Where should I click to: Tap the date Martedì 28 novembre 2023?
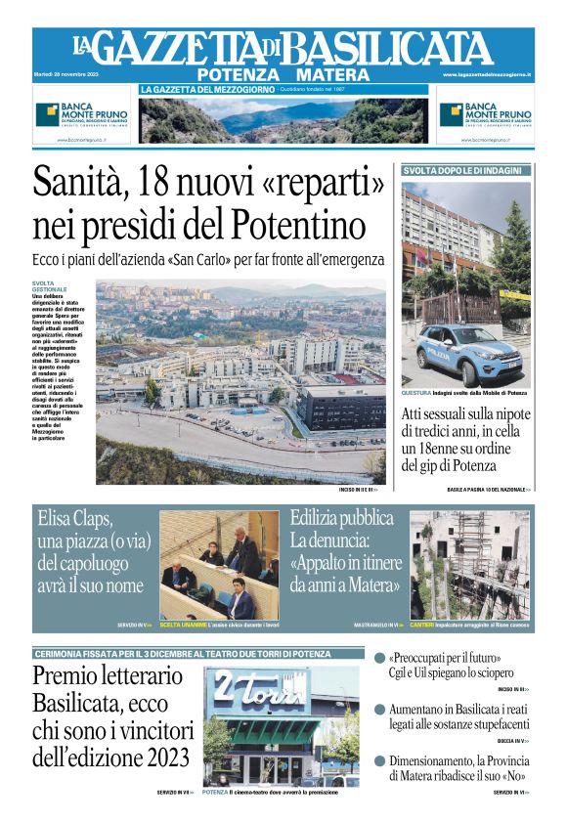[64, 74]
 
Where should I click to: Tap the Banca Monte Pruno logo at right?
[485, 114]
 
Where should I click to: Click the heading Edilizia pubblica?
[341, 518]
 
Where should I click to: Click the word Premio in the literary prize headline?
[67, 675]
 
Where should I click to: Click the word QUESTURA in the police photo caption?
[416, 393]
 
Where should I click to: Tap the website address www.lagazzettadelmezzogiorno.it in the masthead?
[486, 74]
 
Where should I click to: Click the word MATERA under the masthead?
[331, 74]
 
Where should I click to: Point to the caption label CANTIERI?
[422, 625]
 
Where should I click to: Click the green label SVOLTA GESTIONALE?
[49, 286]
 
